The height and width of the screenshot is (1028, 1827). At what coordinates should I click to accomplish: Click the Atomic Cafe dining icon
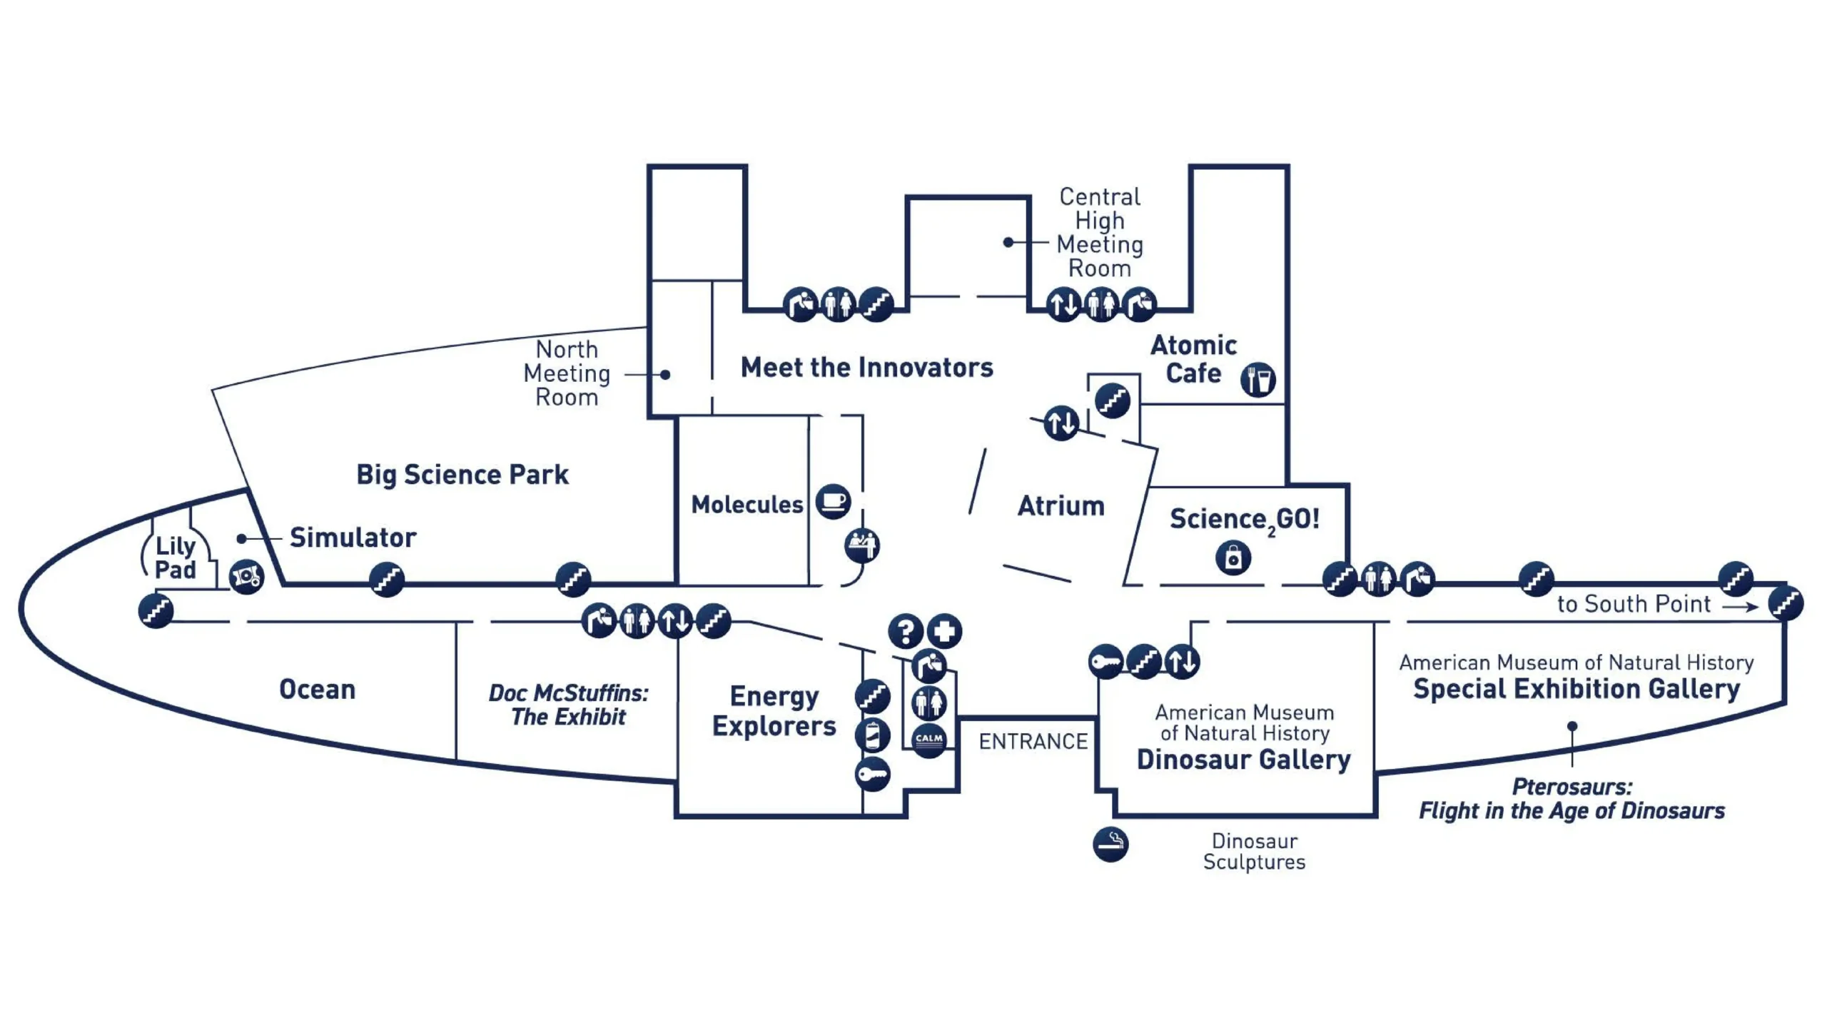1257,379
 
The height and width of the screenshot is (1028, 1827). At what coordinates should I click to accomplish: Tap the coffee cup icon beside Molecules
833,501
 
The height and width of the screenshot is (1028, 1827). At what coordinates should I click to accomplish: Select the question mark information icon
906,631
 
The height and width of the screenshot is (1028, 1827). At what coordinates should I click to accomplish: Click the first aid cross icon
945,631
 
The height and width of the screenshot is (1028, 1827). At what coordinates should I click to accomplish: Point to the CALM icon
928,739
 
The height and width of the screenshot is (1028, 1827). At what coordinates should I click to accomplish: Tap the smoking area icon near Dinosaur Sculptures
1110,845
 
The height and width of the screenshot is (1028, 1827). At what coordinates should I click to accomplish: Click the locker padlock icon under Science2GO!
1233,558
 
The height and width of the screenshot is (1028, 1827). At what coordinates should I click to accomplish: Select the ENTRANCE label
1033,742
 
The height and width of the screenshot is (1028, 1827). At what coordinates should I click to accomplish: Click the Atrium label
1061,505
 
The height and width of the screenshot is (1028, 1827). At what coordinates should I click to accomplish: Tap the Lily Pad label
176,558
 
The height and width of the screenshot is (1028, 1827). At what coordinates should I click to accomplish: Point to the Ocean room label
317,690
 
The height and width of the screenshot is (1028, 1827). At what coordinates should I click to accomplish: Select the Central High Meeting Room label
1100,232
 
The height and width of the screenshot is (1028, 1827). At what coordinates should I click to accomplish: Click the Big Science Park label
462,475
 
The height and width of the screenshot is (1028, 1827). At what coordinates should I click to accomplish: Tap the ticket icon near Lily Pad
246,576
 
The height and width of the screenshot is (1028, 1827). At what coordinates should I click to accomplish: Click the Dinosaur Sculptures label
1254,851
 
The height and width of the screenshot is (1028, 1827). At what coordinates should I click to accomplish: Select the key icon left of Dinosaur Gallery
1105,662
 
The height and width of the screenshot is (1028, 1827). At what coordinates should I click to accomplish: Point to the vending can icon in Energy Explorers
872,735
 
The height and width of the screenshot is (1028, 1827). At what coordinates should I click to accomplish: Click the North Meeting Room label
567,373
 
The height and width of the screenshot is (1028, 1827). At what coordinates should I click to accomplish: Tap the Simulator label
353,538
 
